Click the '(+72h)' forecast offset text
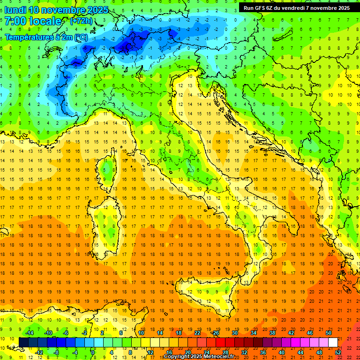[x=81, y=21]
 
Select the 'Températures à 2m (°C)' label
[x=45, y=37]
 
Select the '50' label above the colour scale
[x=328, y=333]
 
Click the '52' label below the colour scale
[x=338, y=352]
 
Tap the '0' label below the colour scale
[x=93, y=352]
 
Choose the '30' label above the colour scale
[x=235, y=333]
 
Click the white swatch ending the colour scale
[x=333, y=343]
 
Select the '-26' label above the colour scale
[x=215, y=333]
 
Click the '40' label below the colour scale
[x=282, y=352]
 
